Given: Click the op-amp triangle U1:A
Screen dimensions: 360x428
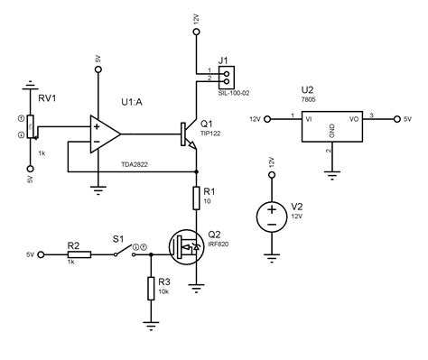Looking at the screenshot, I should point(105,134).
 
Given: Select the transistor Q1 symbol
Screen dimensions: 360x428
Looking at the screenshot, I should point(189,134).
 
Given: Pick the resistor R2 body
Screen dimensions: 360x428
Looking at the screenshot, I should point(79,255).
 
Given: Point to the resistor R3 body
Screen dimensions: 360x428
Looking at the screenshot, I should point(150,288).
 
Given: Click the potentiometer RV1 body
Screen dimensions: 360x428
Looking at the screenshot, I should point(31,127).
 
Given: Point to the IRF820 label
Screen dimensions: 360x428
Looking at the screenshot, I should point(218,244).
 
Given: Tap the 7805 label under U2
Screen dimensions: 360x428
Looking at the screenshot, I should point(306,100).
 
